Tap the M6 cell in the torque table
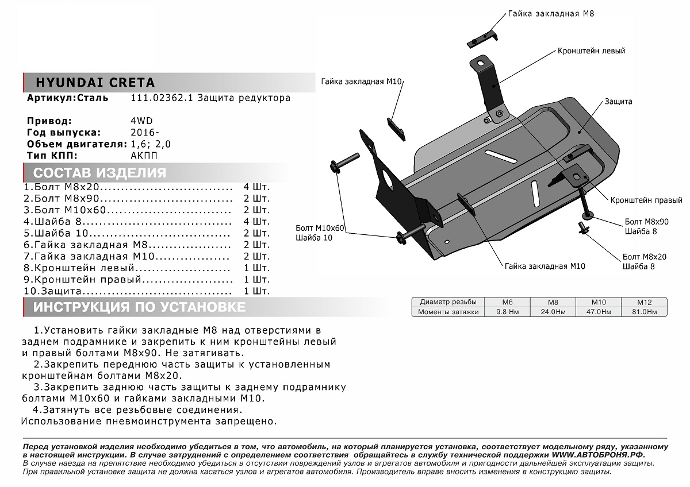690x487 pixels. [x=507, y=302]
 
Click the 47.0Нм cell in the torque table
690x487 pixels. [x=600, y=312]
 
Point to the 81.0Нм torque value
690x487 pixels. [x=644, y=312]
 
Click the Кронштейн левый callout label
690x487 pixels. [x=591, y=51]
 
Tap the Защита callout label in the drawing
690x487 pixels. [x=618, y=102]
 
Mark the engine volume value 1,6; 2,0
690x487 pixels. [x=151, y=144]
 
